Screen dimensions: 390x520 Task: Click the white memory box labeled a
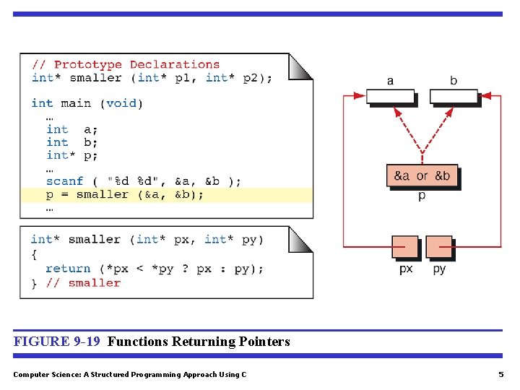390,96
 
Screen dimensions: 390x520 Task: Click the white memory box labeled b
454,96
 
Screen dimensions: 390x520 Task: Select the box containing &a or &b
422,175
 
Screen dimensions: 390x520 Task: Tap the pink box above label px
405,247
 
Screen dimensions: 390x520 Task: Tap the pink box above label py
439,247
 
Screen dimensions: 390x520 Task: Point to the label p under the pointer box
422,196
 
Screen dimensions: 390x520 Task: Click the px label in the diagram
406,269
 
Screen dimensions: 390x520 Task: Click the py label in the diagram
439,269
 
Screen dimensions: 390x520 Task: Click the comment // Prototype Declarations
126,65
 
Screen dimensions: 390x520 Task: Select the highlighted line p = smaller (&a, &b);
125,194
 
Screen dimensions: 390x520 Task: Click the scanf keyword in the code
65,181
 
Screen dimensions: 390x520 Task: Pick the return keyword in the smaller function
68,269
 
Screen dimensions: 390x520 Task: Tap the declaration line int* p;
71,155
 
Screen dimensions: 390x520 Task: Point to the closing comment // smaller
84,283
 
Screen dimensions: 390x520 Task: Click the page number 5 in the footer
500,374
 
